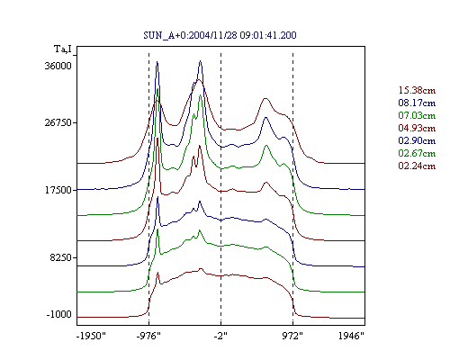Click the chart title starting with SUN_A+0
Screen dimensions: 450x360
tap(220, 35)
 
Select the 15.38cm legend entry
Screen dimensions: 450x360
tap(417, 90)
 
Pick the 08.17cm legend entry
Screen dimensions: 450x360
tap(417, 103)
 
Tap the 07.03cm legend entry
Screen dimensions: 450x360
tap(417, 115)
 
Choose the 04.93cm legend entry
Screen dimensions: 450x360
tap(417, 128)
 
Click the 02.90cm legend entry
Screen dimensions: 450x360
tap(417, 140)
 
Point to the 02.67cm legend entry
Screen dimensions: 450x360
tap(417, 153)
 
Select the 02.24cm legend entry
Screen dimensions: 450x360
tap(417, 166)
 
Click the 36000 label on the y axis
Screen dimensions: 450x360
tap(58, 66)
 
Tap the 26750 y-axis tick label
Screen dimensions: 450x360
tap(58, 122)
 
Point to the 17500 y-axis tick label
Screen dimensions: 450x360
tap(58, 190)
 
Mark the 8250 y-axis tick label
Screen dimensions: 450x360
tap(61, 257)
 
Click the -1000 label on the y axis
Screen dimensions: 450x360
tap(58, 314)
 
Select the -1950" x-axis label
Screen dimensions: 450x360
tap(91, 336)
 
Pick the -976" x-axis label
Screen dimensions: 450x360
tap(148, 336)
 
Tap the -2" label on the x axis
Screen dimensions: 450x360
tap(220, 336)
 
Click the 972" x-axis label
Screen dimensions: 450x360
tap(292, 336)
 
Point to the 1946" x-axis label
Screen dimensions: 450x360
tap(351, 336)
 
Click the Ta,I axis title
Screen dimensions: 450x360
tap(63, 49)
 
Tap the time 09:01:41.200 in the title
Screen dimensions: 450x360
tap(268, 35)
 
